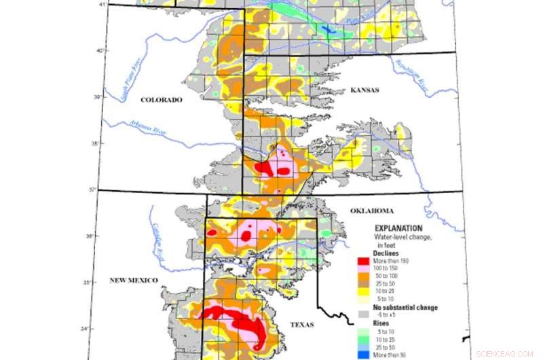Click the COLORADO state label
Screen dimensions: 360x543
coord(162,100)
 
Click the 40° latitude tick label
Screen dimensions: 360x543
coord(98,50)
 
